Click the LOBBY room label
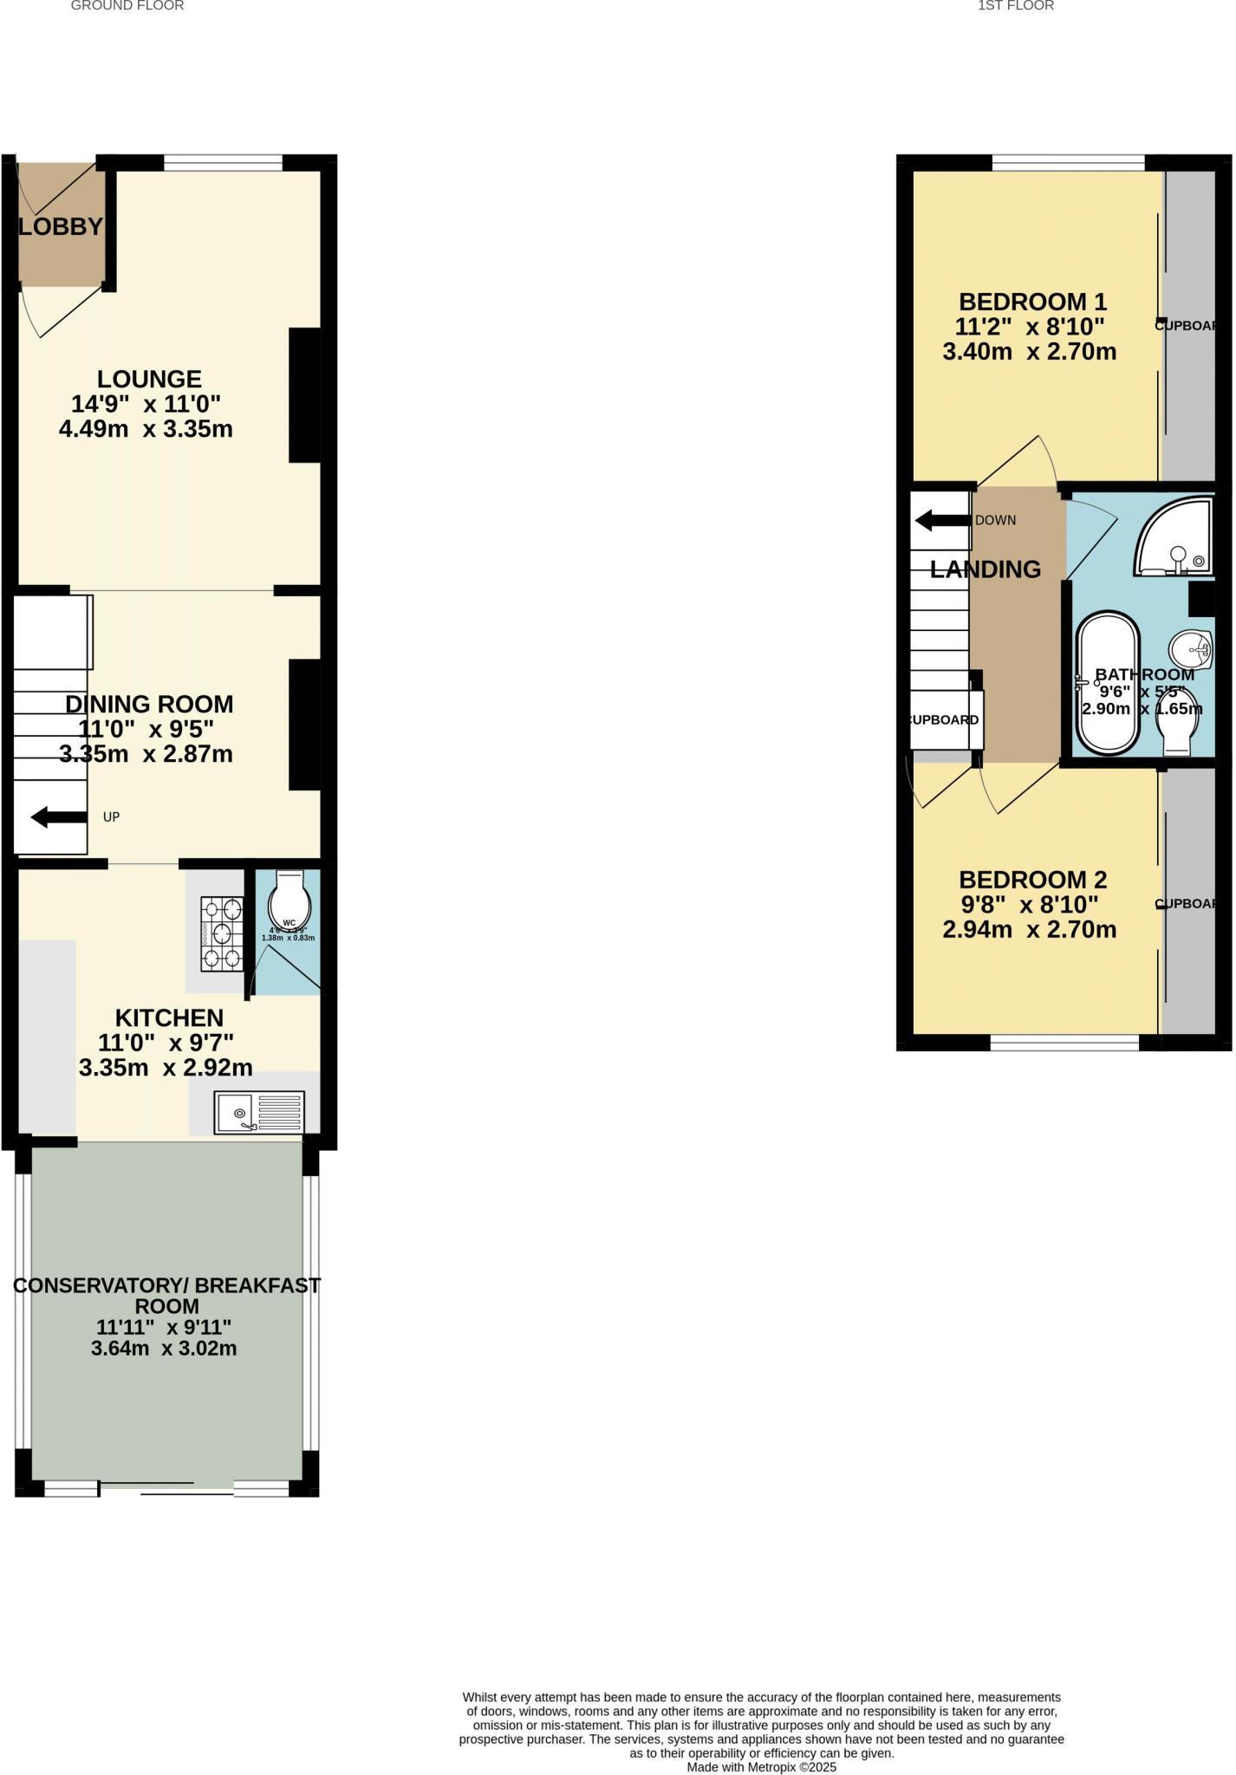click(61, 227)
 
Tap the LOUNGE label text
click(149, 379)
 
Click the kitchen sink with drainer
click(259, 1112)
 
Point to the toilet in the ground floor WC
click(289, 901)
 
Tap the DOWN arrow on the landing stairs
click(942, 521)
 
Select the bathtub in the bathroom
click(1107, 684)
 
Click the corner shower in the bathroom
click(1175, 538)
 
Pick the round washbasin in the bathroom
click(1191, 647)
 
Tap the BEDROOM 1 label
click(1032, 302)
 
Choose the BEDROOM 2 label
click(1032, 880)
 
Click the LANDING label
click(986, 569)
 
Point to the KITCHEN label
click(169, 1018)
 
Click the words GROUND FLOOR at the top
click(127, 6)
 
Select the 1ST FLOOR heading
click(1016, 6)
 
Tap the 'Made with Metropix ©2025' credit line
click(761, 1766)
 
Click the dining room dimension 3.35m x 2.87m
click(146, 754)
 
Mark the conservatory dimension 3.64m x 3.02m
click(164, 1349)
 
